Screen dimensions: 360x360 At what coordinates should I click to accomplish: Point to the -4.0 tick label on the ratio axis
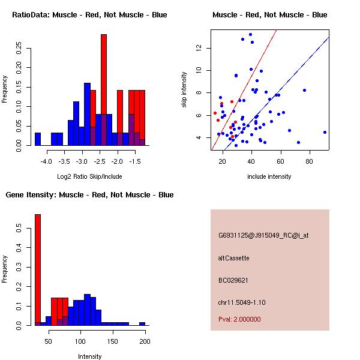[x=46, y=161]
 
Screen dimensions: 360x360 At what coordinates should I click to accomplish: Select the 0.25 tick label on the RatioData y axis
[x=19, y=48]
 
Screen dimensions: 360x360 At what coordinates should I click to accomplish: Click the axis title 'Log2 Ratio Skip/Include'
[x=89, y=176]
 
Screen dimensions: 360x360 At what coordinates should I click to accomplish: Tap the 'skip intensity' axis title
[x=184, y=89]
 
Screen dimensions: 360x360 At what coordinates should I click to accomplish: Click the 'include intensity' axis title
[x=269, y=176]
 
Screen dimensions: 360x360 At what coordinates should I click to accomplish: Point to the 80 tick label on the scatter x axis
[x=309, y=161]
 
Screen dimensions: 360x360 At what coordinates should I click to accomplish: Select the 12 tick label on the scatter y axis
[x=199, y=48]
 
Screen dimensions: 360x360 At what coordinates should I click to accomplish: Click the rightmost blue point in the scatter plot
[x=325, y=132]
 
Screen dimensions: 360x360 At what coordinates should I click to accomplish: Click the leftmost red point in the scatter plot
[x=215, y=113]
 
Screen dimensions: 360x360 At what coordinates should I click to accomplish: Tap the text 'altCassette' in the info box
[x=233, y=258]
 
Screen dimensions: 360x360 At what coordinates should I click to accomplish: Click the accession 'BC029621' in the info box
[x=233, y=280]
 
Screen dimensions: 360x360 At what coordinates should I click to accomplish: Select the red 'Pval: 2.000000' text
[x=239, y=319]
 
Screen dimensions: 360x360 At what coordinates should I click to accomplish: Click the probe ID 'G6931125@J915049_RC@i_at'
[x=263, y=235]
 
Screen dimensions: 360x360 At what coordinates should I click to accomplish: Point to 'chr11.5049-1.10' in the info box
[x=242, y=302]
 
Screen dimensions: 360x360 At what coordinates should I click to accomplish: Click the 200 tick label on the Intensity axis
[x=145, y=341]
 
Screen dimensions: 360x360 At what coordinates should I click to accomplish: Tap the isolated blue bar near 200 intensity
[x=142, y=324]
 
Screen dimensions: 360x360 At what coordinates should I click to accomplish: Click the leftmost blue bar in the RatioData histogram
[x=38, y=139]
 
